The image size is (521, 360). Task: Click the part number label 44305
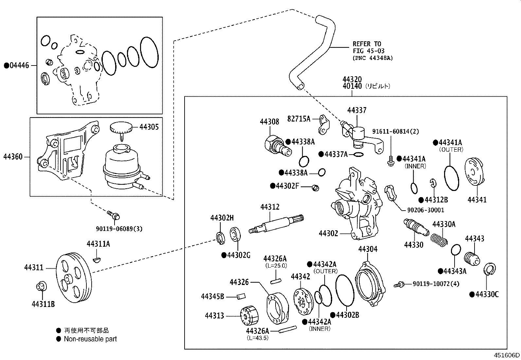[x=149, y=127]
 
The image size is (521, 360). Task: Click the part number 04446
[x=19, y=66]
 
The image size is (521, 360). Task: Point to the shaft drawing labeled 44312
[x=277, y=224]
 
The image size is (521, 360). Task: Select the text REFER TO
[x=367, y=44]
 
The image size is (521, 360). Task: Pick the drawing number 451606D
[x=507, y=355]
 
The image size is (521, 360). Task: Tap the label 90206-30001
[x=425, y=210]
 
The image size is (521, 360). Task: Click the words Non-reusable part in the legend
[x=90, y=339]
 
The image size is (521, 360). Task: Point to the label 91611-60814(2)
[x=395, y=131]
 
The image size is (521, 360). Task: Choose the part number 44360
[x=13, y=157]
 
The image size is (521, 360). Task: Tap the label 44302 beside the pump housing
[x=328, y=233]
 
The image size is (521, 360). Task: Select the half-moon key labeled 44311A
[x=97, y=260]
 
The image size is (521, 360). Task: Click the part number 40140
[x=352, y=86]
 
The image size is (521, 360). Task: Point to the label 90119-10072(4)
[x=436, y=284]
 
